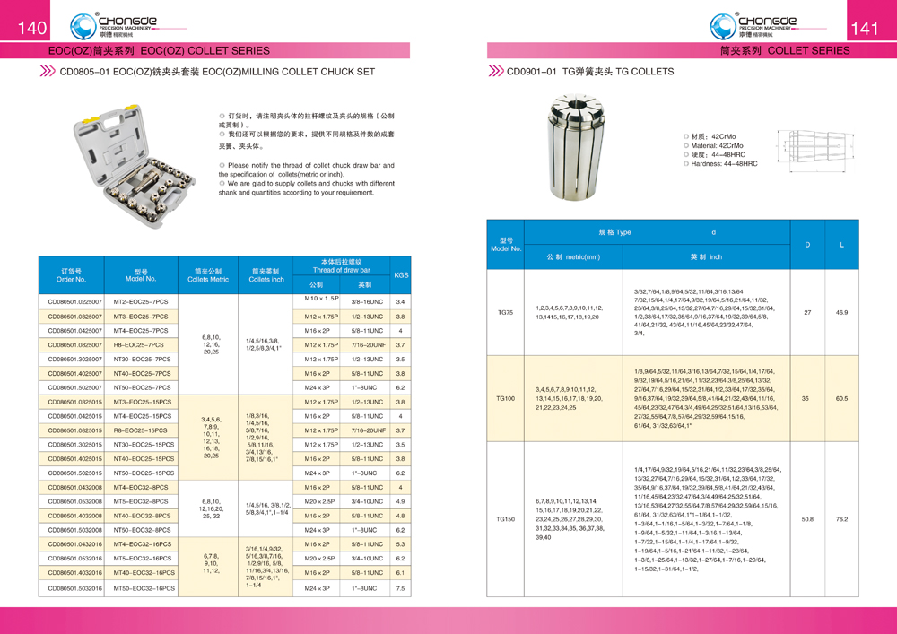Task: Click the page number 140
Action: pyautogui.click(x=31, y=29)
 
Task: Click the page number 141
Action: pyautogui.click(x=865, y=29)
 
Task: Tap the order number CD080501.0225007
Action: pyautogui.click(x=75, y=302)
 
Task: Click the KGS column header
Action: pyautogui.click(x=401, y=275)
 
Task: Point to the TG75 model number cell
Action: pyautogui.click(x=505, y=312)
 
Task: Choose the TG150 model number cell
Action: pyautogui.click(x=505, y=518)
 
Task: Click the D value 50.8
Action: pyautogui.click(x=807, y=518)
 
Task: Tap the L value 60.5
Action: pyautogui.click(x=841, y=397)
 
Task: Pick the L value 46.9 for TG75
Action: pyautogui.click(x=841, y=312)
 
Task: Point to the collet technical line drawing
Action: pyautogui.click(x=817, y=147)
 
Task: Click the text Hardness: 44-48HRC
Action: pyautogui.click(x=724, y=164)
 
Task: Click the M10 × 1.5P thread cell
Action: pyautogui.click(x=321, y=299)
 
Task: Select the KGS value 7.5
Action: pyautogui.click(x=401, y=588)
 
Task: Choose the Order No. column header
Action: pyautogui.click(x=71, y=274)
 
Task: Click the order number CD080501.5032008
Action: pyautogui.click(x=75, y=530)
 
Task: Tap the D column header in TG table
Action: pyautogui.click(x=807, y=244)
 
